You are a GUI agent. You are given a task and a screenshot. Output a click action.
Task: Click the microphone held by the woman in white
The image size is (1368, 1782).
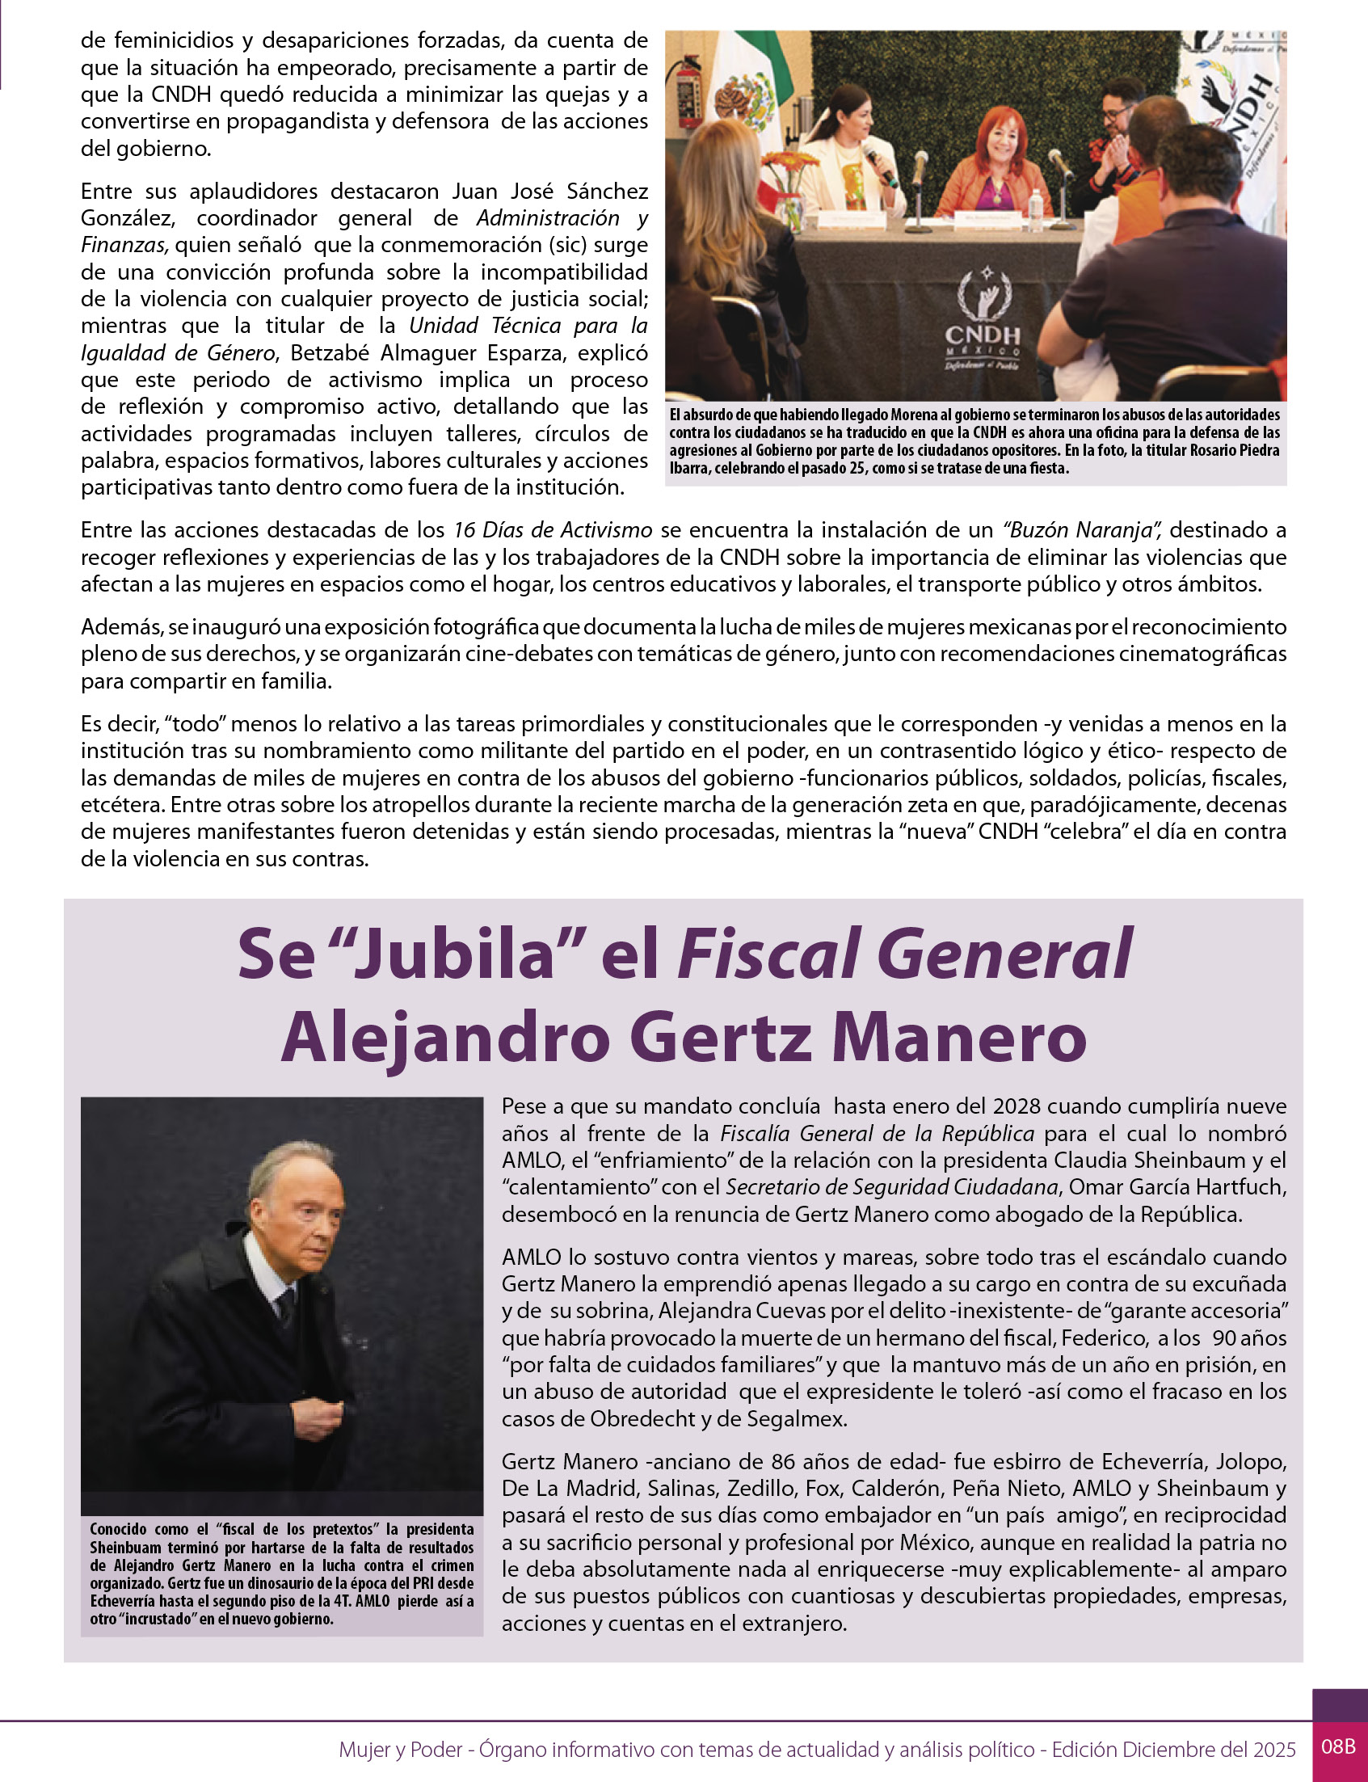point(879,163)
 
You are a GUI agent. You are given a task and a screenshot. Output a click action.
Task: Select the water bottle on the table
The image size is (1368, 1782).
point(1035,210)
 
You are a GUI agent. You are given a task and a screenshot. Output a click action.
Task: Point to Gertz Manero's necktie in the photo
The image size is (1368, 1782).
point(286,1303)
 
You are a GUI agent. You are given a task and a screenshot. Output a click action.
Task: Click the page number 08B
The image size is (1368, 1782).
point(1338,1746)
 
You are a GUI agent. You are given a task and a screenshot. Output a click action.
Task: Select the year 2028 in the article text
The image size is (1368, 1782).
point(1017,1106)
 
